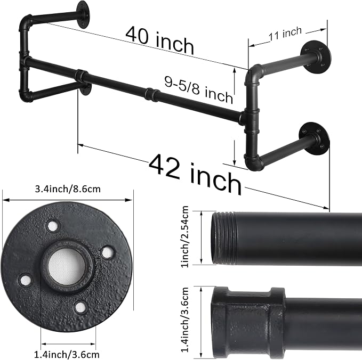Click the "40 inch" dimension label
[x=159, y=40]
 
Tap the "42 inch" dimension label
[x=195, y=174]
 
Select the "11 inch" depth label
[x=285, y=33]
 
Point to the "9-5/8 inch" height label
[x=198, y=89]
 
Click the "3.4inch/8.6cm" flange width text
[x=68, y=189]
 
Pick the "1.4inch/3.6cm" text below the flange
[x=67, y=354]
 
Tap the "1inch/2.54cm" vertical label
[x=184, y=237]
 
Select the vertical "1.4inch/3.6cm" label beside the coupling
[x=184, y=320]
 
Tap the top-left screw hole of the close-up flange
[x=52, y=226]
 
